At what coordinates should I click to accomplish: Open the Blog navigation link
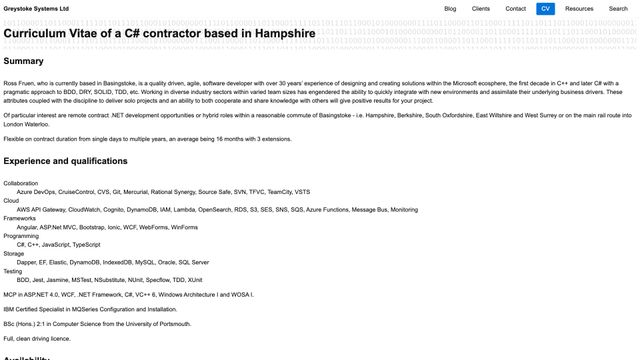tap(450, 8)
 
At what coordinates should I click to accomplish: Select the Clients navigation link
tap(481, 8)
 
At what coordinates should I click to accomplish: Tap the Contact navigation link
tap(516, 8)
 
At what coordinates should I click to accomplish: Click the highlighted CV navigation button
tap(545, 8)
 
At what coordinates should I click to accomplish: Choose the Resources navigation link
tap(579, 8)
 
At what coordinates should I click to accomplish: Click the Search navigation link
tap(618, 8)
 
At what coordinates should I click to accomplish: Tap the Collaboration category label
tap(21, 183)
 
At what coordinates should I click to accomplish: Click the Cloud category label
tap(10, 201)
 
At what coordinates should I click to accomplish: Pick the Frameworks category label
tap(20, 218)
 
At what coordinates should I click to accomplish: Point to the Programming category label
tap(22, 236)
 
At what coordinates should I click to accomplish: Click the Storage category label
tap(14, 253)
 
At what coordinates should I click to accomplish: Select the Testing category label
tap(13, 271)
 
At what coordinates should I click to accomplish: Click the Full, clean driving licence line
tap(37, 338)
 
